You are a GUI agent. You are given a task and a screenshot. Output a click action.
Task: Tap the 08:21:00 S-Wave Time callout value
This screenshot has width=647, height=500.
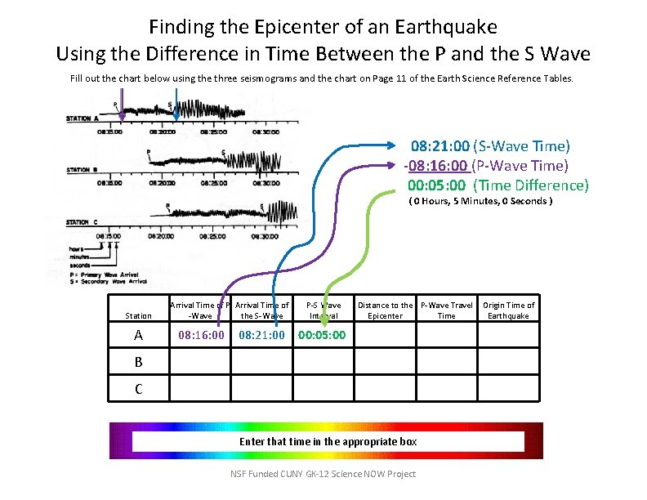tap(440, 146)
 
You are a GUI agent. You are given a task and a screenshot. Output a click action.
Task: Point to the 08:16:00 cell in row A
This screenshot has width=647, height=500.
tap(201, 335)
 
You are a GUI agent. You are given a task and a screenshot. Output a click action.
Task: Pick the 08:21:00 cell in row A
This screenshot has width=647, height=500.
tap(261, 335)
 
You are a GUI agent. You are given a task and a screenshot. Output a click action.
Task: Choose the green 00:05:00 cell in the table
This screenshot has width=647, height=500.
tap(322, 335)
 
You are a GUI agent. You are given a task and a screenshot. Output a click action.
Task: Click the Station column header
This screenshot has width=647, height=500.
tap(138, 315)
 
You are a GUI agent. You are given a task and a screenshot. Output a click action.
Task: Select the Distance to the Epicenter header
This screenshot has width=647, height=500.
tap(385, 310)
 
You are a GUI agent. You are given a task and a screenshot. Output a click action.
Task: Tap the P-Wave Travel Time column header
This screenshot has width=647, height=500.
tap(446, 310)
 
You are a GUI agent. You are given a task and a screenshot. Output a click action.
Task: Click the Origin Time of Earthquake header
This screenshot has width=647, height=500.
tap(508, 310)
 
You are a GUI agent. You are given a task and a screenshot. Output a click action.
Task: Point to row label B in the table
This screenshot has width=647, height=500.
tap(138, 362)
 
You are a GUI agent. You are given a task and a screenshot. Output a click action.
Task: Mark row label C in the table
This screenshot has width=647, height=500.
tap(138, 389)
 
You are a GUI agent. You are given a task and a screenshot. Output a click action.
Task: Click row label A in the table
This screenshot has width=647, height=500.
tap(138, 335)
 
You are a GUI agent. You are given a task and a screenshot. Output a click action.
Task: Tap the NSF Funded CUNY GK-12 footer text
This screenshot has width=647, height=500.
tap(323, 474)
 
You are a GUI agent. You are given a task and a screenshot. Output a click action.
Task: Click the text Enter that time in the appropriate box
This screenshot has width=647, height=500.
tap(328, 441)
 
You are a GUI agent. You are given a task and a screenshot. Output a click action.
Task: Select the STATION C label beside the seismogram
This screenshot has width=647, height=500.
tap(83, 222)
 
